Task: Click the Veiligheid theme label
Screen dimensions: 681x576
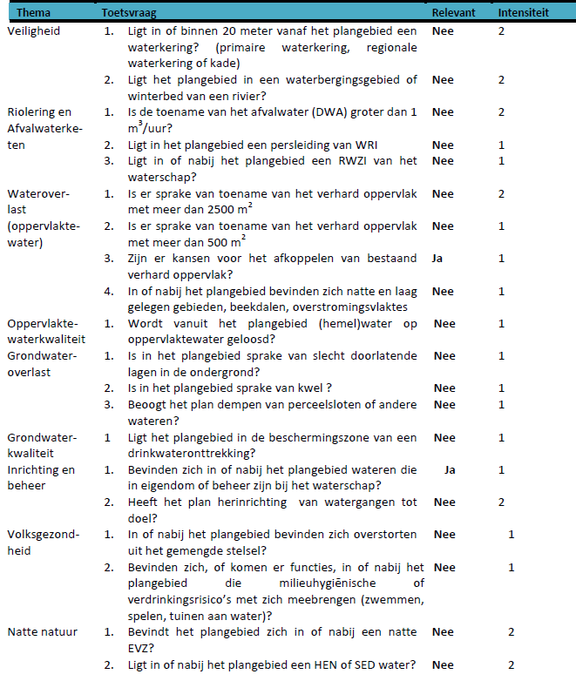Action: point(32,30)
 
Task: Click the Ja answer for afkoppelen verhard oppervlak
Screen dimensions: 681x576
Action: point(438,259)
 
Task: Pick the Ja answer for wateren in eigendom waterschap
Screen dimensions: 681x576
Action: point(450,469)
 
